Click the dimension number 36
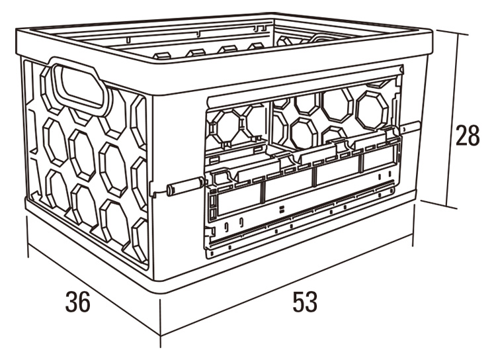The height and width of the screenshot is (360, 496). [x=78, y=302]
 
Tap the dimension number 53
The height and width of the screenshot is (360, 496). [x=305, y=302]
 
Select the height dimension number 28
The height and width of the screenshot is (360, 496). [x=468, y=135]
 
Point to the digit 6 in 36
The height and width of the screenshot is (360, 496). [x=84, y=302]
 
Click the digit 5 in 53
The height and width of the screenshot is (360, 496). [x=298, y=302]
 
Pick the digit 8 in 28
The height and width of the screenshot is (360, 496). [x=474, y=135]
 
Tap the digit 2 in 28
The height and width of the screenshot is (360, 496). [x=461, y=135]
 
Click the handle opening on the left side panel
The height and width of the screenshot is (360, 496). [x=80, y=85]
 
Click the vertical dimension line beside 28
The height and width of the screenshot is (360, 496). [x=452, y=119]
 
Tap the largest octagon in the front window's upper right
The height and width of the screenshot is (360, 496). [x=372, y=110]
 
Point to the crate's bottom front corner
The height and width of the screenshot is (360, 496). [x=161, y=293]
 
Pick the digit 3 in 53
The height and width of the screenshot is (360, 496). [x=311, y=302]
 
